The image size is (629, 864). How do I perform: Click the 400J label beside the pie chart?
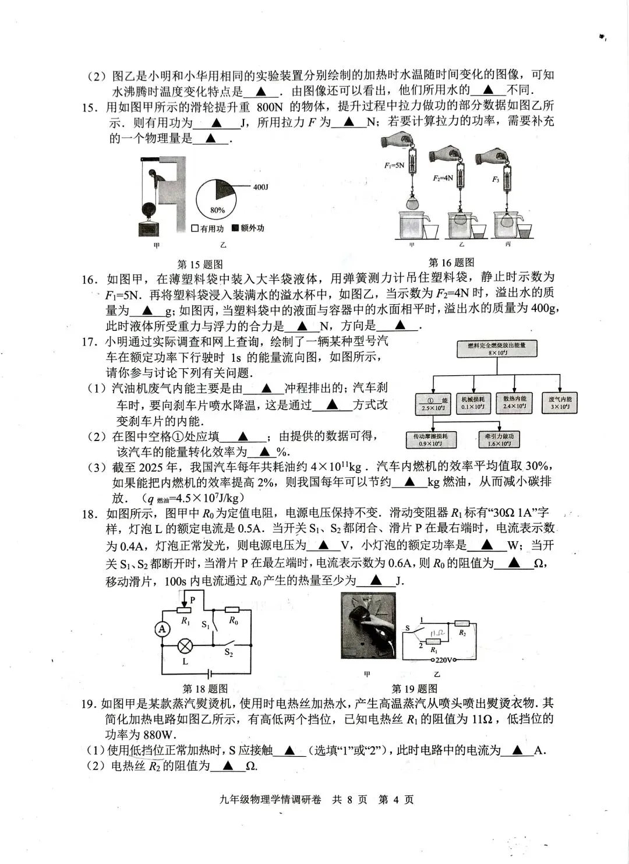pyautogui.click(x=260, y=187)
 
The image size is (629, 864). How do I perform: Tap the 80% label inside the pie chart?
pyautogui.click(x=217, y=210)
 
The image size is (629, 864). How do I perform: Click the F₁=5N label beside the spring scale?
pyautogui.click(x=394, y=165)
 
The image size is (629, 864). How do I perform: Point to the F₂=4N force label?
pyautogui.click(x=443, y=178)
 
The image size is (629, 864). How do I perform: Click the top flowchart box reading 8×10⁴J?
pyautogui.click(x=497, y=349)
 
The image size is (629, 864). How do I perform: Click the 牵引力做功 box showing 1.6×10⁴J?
pyautogui.click(x=499, y=440)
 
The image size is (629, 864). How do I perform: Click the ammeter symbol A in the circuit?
pyautogui.click(x=162, y=629)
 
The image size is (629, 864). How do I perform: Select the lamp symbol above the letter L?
pyautogui.click(x=186, y=646)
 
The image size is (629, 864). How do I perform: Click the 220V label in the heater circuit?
pyautogui.click(x=447, y=660)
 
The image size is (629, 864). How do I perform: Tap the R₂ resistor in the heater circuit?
pyautogui.click(x=462, y=622)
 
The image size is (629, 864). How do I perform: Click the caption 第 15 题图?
pyautogui.click(x=200, y=265)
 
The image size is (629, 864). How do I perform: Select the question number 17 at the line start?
pyautogui.click(x=89, y=342)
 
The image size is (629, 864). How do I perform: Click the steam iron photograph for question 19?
pyautogui.click(x=368, y=626)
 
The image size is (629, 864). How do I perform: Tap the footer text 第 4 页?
pyautogui.click(x=395, y=799)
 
